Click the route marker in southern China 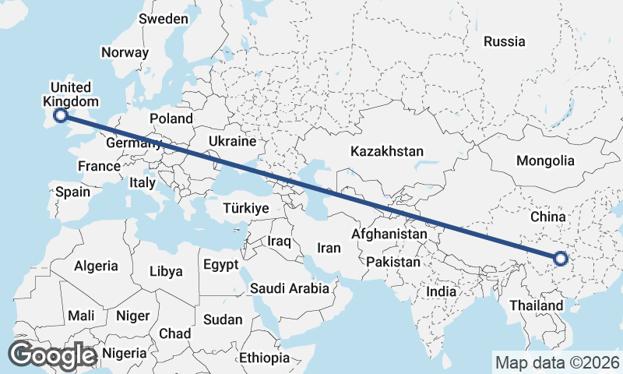pyautogui.click(x=561, y=259)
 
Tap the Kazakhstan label pyautogui.click(x=386, y=150)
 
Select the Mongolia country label pyautogui.click(x=545, y=161)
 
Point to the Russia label pyautogui.click(x=504, y=41)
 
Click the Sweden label pyautogui.click(x=164, y=19)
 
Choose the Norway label pyautogui.click(x=125, y=53)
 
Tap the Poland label pyautogui.click(x=171, y=118)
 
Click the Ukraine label pyautogui.click(x=232, y=142)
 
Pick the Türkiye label pyautogui.click(x=245, y=208)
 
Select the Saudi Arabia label pyautogui.click(x=289, y=288)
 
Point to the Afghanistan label pyautogui.click(x=389, y=234)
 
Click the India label pyautogui.click(x=441, y=291)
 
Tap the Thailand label pyautogui.click(x=537, y=305)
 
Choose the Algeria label pyautogui.click(x=97, y=266)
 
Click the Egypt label pyautogui.click(x=220, y=265)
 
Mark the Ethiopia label pyautogui.click(x=264, y=358)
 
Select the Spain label pyautogui.click(x=72, y=192)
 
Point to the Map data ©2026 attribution pyautogui.click(x=558, y=362)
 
